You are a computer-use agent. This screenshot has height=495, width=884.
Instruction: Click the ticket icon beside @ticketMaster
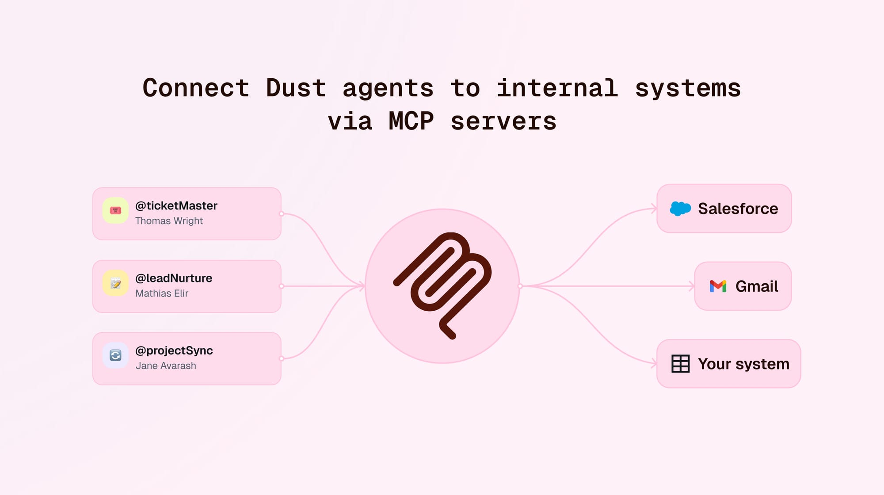click(115, 210)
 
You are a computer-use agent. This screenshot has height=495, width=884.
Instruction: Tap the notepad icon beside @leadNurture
click(115, 283)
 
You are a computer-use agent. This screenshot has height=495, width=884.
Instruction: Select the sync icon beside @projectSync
click(115, 355)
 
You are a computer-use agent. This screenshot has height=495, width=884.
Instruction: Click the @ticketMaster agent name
click(176, 206)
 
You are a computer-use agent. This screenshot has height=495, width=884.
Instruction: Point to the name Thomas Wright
click(169, 221)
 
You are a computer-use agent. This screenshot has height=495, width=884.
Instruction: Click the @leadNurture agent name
click(174, 278)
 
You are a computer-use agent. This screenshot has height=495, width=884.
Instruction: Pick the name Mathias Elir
click(162, 293)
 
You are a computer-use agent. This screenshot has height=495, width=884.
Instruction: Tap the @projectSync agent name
click(174, 351)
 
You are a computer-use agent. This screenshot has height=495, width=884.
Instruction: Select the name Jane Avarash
click(166, 366)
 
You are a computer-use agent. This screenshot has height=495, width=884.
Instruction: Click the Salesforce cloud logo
click(680, 209)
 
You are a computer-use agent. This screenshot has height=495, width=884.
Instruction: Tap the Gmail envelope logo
click(718, 286)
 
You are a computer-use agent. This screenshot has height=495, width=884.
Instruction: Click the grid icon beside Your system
click(680, 364)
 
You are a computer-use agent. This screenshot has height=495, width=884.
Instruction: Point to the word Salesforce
click(738, 209)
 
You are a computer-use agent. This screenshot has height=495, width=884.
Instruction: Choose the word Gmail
click(757, 286)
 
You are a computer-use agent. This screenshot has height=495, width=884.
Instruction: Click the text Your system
click(743, 364)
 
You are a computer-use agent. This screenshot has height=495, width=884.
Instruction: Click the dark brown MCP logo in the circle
click(442, 286)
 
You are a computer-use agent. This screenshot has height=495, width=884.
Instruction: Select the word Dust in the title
click(296, 88)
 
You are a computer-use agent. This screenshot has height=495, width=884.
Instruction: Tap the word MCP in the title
click(411, 121)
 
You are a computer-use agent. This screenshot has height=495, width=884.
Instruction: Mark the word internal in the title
click(557, 88)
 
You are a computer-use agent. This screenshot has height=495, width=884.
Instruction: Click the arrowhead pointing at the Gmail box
click(692, 286)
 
